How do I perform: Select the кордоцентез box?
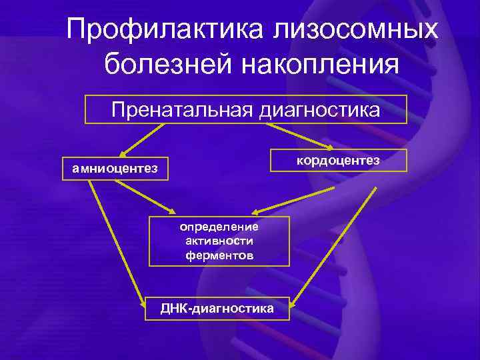338,161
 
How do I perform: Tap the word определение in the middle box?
219,227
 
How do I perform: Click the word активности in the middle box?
219,241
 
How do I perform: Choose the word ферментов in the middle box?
219,255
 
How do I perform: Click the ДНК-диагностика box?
217,309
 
